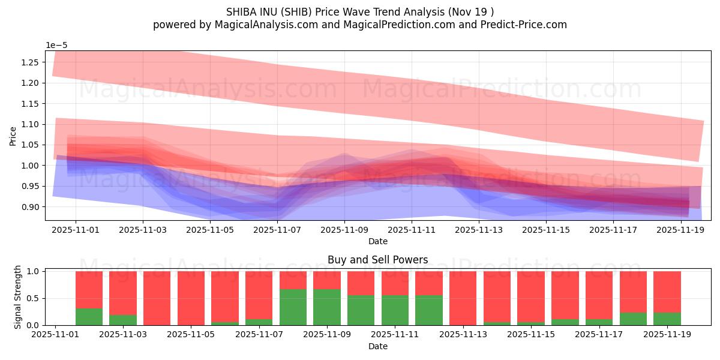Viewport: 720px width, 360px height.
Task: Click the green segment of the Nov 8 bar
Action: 293,307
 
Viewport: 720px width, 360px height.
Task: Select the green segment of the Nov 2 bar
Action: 89,317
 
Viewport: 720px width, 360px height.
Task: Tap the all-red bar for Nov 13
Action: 463,298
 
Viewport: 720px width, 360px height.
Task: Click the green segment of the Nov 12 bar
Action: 429,310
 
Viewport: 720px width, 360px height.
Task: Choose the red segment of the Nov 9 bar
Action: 327,280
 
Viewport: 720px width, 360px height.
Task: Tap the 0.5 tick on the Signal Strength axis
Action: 34,298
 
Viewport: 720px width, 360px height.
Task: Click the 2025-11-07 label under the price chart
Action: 277,230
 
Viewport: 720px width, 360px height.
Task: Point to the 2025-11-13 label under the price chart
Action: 479,230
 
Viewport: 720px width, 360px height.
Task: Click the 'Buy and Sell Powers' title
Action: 377,260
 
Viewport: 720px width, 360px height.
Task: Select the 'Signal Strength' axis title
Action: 17,296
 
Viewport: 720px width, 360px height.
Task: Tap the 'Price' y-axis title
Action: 13,136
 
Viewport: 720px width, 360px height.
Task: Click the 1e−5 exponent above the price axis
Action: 58,45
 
